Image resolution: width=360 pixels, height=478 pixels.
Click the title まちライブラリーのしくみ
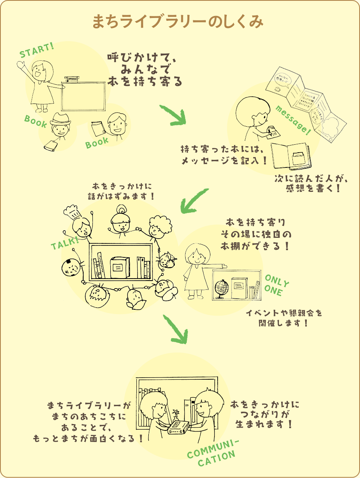coord(178,22)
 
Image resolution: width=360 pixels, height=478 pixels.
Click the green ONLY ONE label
coord(276,285)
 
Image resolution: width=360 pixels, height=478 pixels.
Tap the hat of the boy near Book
coord(61,118)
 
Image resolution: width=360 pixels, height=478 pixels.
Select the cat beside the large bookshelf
coord(166,260)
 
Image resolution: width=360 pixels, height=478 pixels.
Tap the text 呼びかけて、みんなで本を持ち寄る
coord(145,70)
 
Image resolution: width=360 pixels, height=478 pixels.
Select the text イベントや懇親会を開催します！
coord(284,318)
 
